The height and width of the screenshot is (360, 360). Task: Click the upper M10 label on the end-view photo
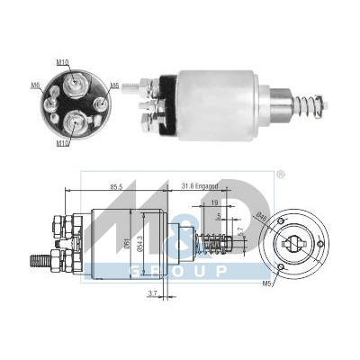pyautogui.click(x=61, y=61)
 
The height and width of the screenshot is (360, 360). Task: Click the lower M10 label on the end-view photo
pyautogui.click(x=61, y=142)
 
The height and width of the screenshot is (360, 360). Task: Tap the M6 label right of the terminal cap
pyautogui.click(x=114, y=85)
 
